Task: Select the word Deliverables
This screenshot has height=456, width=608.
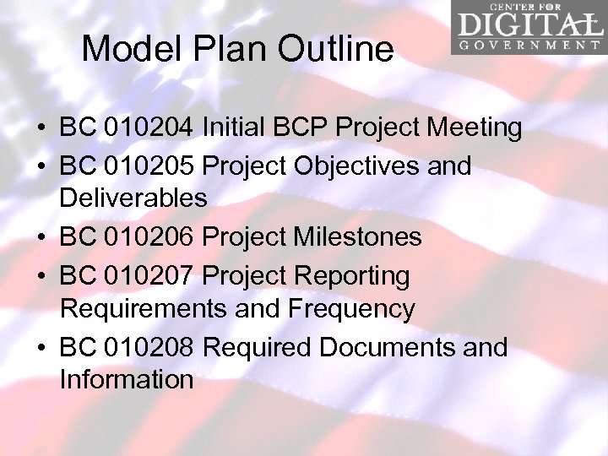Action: click(x=133, y=199)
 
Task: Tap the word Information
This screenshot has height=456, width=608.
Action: click(x=127, y=380)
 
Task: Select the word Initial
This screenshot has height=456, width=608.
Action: click(x=235, y=128)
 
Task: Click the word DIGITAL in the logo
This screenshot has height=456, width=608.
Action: click(x=527, y=23)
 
